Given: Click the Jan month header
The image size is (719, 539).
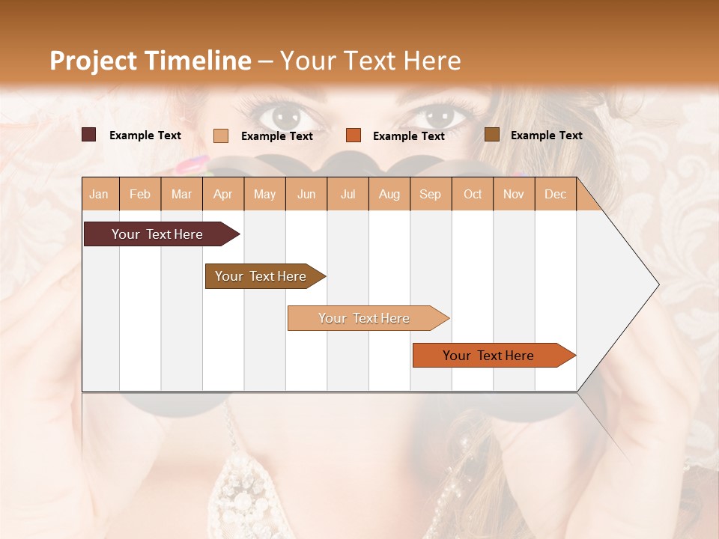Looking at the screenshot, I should pos(99,194).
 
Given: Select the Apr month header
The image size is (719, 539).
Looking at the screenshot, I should pos(222,194).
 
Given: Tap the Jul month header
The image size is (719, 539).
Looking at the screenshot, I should pos(348,194).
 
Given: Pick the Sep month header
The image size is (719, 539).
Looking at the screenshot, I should pos(430,194).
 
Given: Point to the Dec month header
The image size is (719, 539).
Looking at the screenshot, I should pos(555,194).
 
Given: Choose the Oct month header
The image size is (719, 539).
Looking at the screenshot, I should pos(473,194).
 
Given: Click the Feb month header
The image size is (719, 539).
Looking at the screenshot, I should pos(140,194).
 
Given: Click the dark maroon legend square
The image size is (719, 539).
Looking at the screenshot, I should pos(88,135).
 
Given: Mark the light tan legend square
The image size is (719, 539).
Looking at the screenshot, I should pos(220,135).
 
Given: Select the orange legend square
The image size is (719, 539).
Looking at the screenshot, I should pos(354,135).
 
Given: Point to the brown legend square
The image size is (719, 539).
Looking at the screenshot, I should pos(491,135).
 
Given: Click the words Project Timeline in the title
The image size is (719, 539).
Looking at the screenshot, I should pos(150,61).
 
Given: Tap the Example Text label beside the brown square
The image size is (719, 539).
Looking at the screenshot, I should pos(546,135).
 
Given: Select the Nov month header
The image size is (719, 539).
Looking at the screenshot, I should pos(514,194).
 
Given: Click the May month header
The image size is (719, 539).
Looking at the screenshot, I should pos(264,194).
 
